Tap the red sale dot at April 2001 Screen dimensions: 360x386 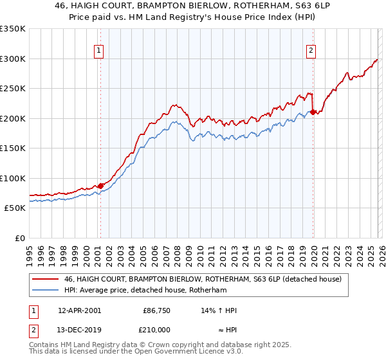(100, 186)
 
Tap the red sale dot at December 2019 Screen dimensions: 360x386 (313, 113)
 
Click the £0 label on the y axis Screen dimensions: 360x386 (19, 238)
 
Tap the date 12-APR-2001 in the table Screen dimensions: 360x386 (79, 310)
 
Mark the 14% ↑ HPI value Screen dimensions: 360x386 (219, 310)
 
